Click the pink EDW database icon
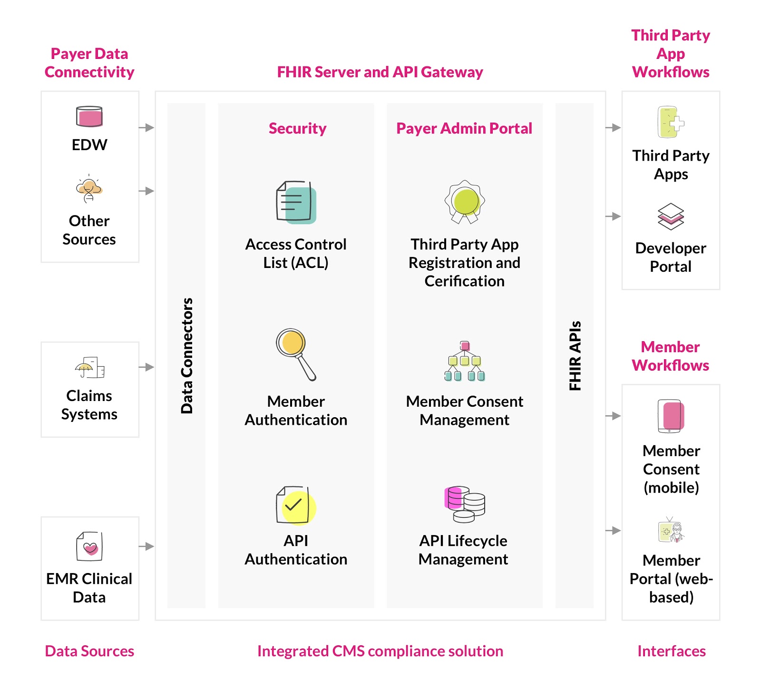pos(89,116)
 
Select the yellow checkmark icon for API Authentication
pos(296,506)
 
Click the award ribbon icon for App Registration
pos(465,201)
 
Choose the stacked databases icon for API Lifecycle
pos(465,504)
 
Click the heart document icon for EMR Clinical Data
pos(89,546)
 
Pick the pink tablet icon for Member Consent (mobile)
pos(671,416)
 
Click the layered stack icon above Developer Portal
pos(671,217)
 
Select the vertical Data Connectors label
pos(187,355)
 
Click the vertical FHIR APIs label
pos(575,355)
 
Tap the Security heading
pos(297,128)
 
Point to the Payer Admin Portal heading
pos(464,128)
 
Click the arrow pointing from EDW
pos(146,127)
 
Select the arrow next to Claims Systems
pos(146,367)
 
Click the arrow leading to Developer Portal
pos(613,216)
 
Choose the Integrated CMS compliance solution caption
pos(380,651)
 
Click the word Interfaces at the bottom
pos(671,651)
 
